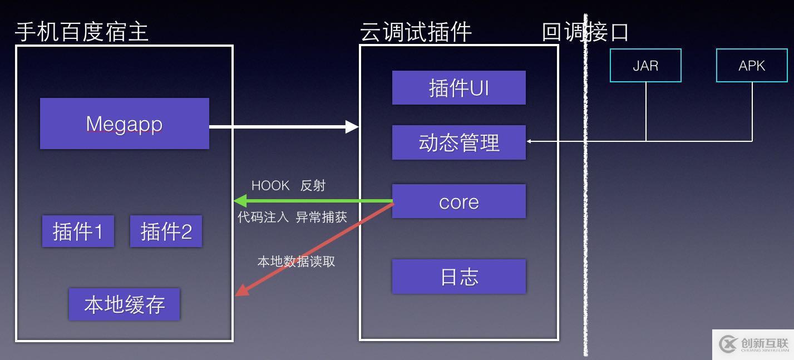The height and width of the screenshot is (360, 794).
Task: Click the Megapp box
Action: pyautogui.click(x=124, y=124)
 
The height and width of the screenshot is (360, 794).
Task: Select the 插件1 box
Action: pyautogui.click(x=78, y=231)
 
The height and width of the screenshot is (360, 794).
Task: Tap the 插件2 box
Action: pyautogui.click(x=166, y=231)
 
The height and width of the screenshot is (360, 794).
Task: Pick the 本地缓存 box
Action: pyautogui.click(x=124, y=304)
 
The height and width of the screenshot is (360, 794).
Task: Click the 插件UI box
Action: pyautogui.click(x=458, y=87)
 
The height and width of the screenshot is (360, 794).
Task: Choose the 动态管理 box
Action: pyautogui.click(x=458, y=142)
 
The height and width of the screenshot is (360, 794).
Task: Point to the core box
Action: pyautogui.click(x=458, y=201)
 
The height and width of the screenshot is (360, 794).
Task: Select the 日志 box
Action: pyautogui.click(x=458, y=277)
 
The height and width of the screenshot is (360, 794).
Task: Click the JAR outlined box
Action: pyautogui.click(x=645, y=66)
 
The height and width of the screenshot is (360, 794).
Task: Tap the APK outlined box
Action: pyautogui.click(x=752, y=66)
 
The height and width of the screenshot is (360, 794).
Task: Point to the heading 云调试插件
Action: pyautogui.click(x=416, y=32)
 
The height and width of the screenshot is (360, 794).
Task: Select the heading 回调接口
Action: pyautogui.click(x=585, y=32)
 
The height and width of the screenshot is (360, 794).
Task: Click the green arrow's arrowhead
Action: pyautogui.click(x=239, y=201)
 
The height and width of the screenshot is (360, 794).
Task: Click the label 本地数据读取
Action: pyautogui.click(x=296, y=262)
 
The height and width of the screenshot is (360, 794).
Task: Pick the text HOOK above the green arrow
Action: pyautogui.click(x=270, y=186)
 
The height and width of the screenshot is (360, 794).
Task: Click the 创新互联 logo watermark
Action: pyautogui.click(x=753, y=344)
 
